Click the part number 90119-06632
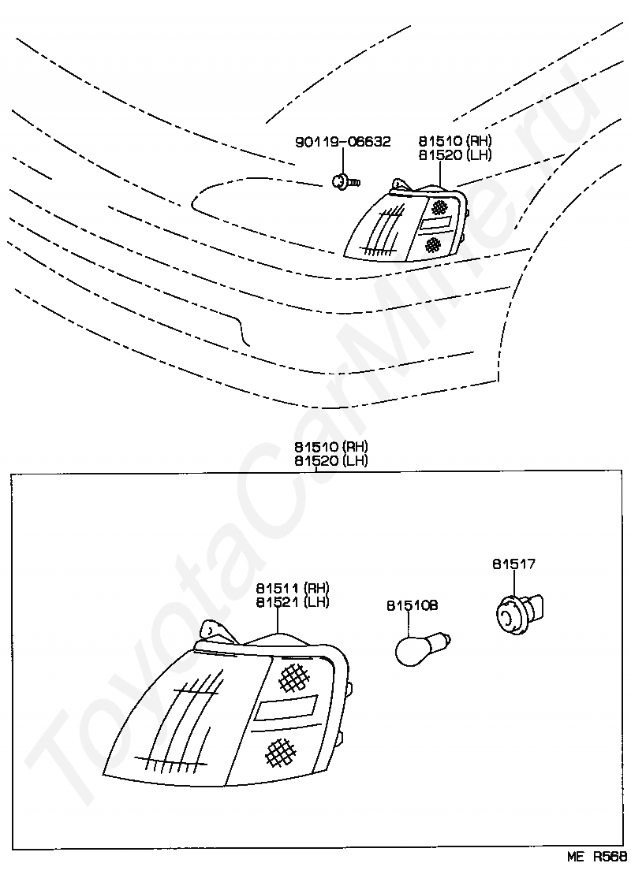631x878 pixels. [342, 142]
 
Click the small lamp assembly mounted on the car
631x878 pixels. [405, 224]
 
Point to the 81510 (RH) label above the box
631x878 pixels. [331, 447]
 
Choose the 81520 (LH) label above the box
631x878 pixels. [331, 460]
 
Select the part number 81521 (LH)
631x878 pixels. [292, 602]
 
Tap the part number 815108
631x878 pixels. [412, 605]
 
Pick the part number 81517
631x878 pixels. [513, 564]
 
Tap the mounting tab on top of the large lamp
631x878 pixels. [214, 631]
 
